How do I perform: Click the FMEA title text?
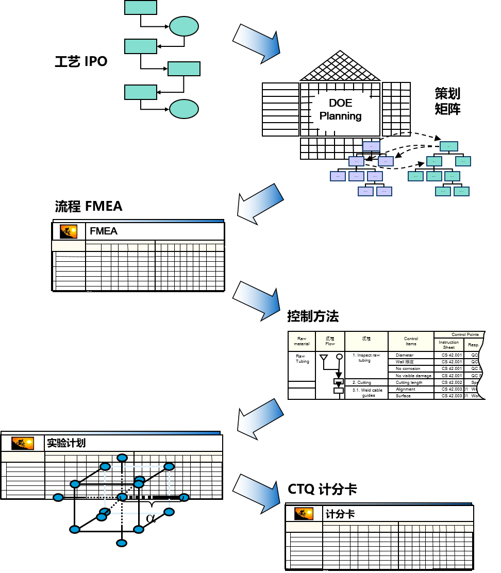104,231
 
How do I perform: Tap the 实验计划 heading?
66,443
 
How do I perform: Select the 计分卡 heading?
340,514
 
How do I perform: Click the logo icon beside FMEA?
69,231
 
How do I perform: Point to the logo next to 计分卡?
304,514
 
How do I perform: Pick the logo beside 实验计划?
22,443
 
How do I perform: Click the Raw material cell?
302,341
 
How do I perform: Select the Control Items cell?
411,341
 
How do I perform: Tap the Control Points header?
465,334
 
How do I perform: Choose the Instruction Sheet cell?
449,345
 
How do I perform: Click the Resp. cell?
473,345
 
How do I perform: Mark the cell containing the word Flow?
330,341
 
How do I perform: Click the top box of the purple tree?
371,146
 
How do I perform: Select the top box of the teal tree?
448,146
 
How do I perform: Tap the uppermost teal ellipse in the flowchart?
184,26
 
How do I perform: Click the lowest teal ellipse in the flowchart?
184,109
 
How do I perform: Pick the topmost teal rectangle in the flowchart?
141,7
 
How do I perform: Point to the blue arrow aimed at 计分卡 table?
256,493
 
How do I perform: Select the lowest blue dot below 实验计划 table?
122,543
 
